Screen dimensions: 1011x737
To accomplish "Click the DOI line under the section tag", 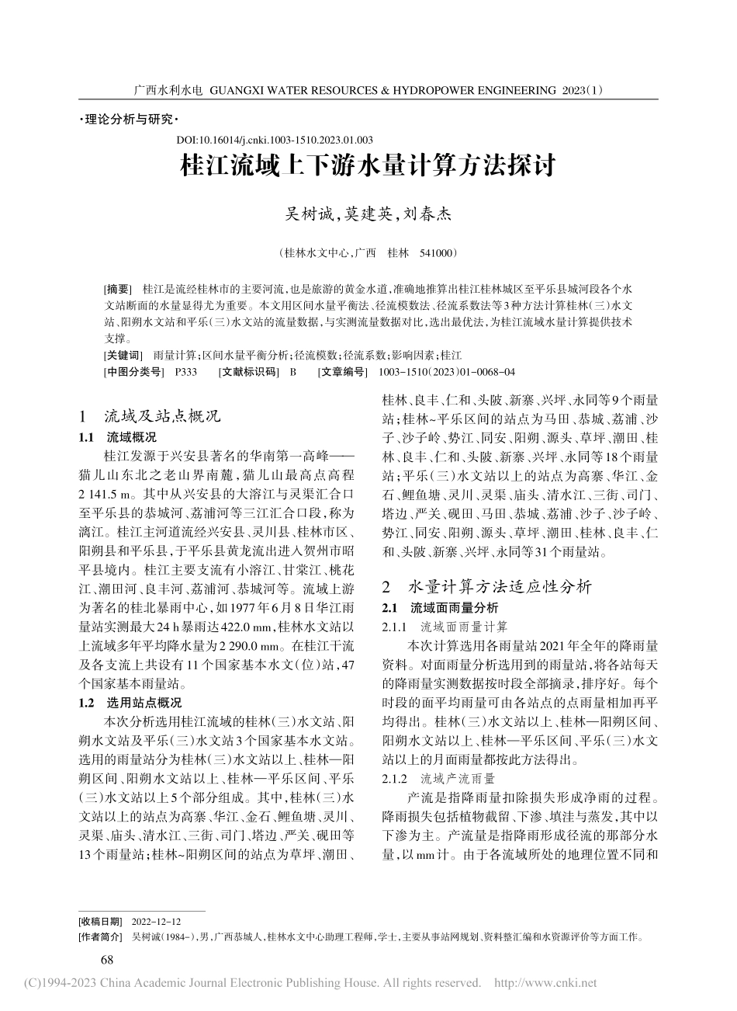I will (275, 140).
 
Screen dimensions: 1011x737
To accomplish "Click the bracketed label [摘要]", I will (118, 287).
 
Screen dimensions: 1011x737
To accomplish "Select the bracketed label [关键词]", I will (123, 354).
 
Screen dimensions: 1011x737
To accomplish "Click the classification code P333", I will (186, 372).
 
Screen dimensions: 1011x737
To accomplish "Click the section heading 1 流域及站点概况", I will (151, 415).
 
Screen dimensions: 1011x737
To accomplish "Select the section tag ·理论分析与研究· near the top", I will (129, 120).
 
